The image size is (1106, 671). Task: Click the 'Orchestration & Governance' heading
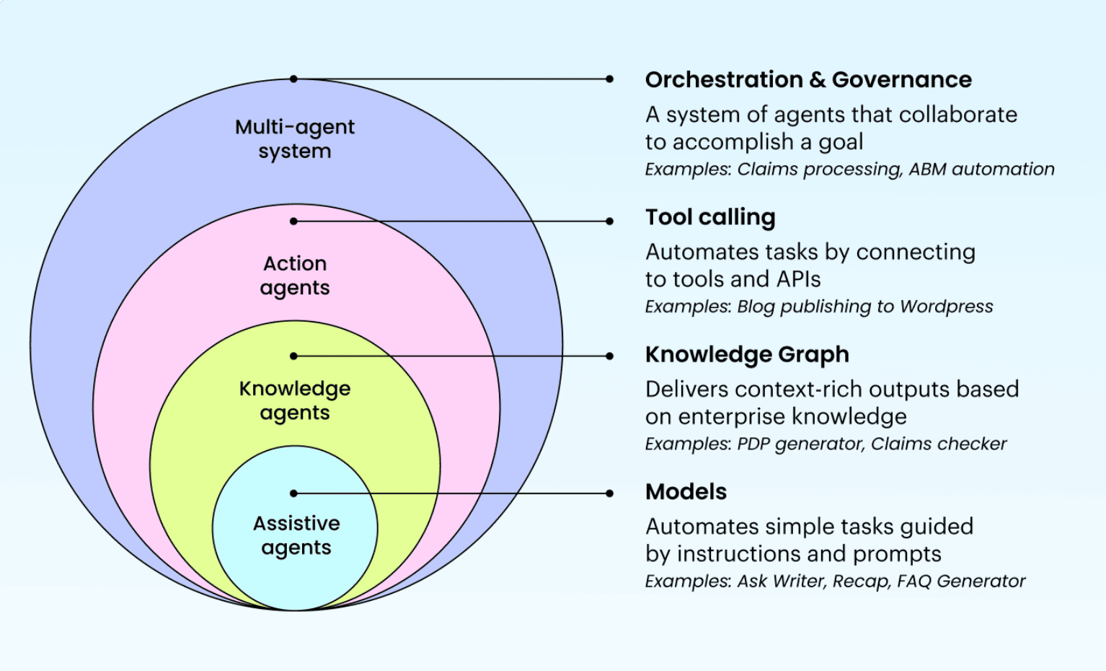(x=808, y=79)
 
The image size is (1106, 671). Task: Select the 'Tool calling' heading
(x=709, y=217)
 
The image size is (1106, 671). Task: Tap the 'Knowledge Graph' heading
(x=746, y=354)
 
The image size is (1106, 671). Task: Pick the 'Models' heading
(x=686, y=492)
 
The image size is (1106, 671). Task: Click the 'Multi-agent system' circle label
(x=294, y=139)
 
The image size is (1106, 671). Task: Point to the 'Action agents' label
(x=294, y=276)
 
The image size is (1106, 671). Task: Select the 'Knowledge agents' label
(x=294, y=400)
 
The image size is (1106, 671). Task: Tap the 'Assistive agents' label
(x=296, y=535)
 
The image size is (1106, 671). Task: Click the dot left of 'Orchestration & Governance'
(x=610, y=79)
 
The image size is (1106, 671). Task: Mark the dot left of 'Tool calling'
(x=610, y=221)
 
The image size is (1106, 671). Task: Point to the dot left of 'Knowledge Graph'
(x=610, y=356)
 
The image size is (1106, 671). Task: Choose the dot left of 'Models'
(x=610, y=494)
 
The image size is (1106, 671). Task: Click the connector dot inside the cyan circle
(x=293, y=494)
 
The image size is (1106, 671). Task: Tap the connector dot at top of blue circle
(x=293, y=79)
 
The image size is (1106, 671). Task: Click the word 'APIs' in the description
(x=798, y=279)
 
